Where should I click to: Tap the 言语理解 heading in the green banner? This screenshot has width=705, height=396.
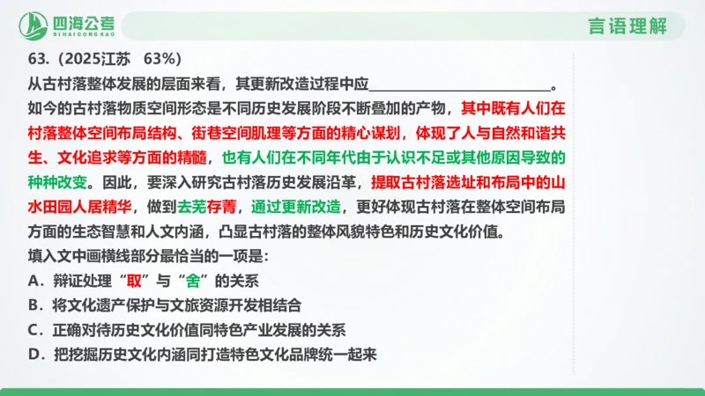pyautogui.click(x=630, y=26)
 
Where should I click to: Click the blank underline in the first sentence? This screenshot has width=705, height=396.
pyautogui.click(x=458, y=86)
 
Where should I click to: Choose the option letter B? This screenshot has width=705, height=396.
pyautogui.click(x=35, y=306)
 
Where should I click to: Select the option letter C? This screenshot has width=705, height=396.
pyautogui.click(x=35, y=331)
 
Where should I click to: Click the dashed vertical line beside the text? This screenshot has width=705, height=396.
pyautogui.click(x=574, y=211)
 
